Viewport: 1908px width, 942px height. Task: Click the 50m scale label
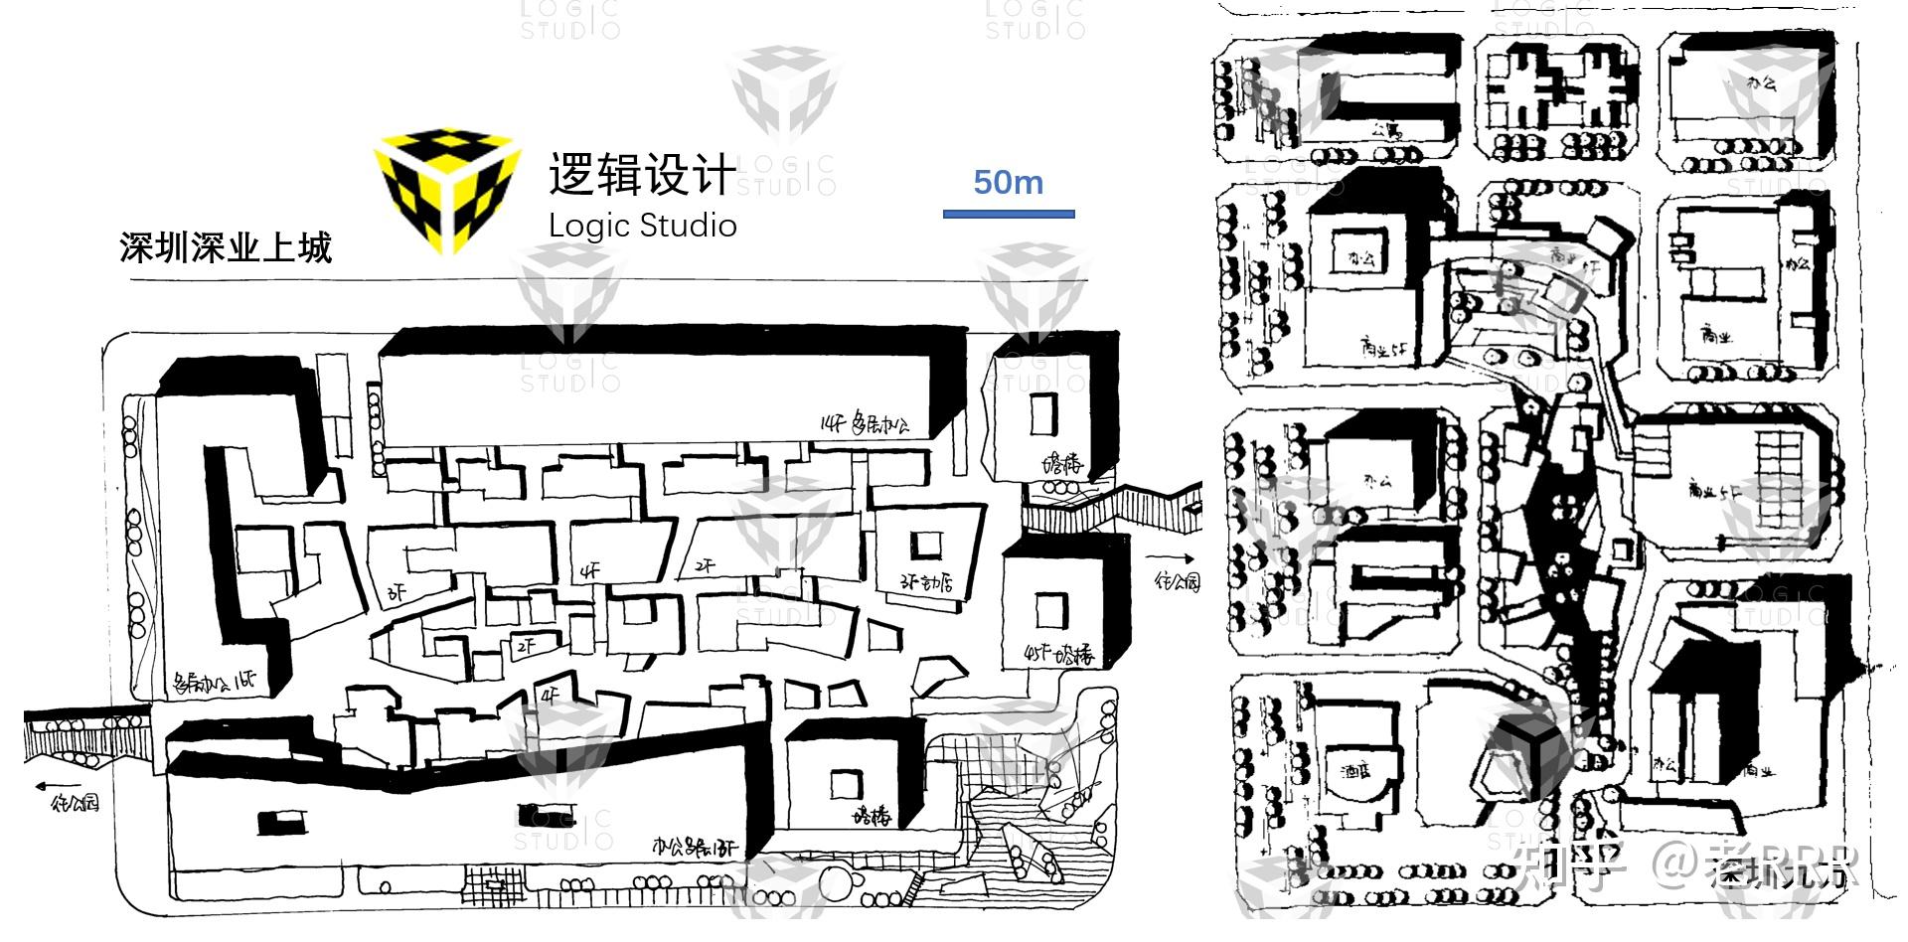click(x=1008, y=183)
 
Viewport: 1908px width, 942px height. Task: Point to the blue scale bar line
click(x=1009, y=213)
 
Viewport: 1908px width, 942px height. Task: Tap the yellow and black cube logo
click(x=447, y=189)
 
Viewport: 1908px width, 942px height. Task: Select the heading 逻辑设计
click(x=642, y=175)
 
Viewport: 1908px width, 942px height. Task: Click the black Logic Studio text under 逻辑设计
click(x=642, y=226)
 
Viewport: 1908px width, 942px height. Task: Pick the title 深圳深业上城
click(x=226, y=247)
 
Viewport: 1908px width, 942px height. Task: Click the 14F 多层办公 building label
click(x=864, y=425)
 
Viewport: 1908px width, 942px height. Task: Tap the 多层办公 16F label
click(x=215, y=682)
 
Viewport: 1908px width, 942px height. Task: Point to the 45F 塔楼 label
click(x=1057, y=655)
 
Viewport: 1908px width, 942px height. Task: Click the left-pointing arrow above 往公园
click(x=55, y=786)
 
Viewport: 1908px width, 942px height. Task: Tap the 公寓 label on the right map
click(x=1386, y=129)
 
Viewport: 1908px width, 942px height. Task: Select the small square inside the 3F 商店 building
click(x=928, y=545)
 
